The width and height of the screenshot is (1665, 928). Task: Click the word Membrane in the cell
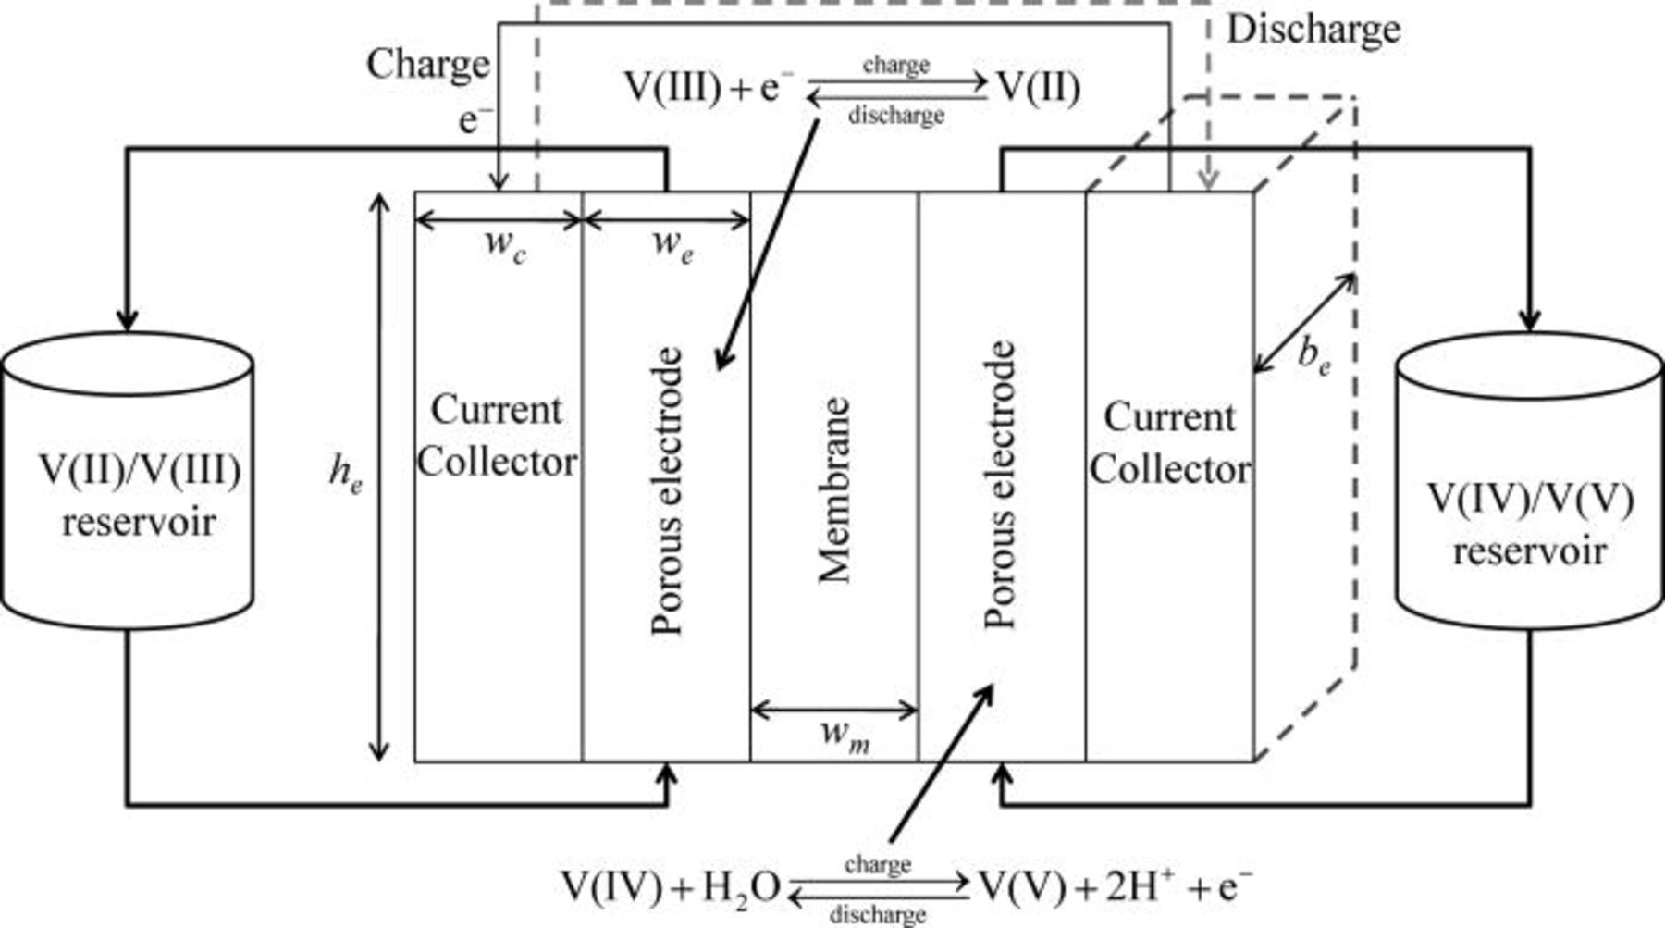pos(834,490)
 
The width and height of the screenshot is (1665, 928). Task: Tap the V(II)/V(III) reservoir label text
pos(139,496)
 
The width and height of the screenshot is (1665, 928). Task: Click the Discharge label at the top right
pos(1313,30)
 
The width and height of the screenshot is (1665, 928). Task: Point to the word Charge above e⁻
pos(427,65)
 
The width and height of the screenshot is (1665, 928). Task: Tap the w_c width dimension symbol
pos(504,246)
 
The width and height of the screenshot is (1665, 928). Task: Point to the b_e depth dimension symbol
pos(1313,355)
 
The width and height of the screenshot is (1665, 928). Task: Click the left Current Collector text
pos(497,435)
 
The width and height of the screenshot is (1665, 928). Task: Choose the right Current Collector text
pos(1169,443)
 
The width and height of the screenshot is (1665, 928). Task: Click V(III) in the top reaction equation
pos(672,89)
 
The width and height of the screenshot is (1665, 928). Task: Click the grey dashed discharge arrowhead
pos(1209,180)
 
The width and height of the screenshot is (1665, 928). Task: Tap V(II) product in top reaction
pos(1037,89)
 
